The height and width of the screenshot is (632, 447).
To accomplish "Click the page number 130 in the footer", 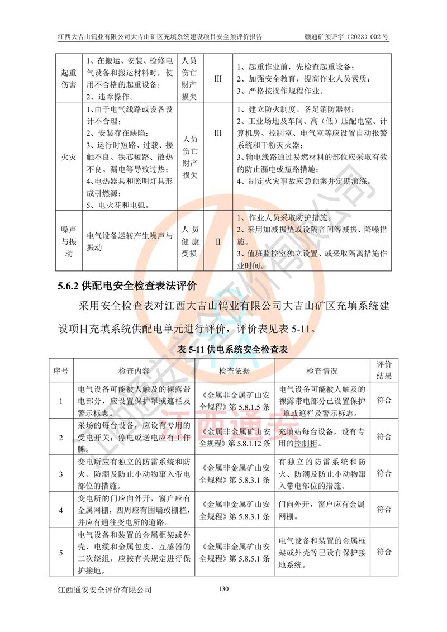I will tap(223, 588).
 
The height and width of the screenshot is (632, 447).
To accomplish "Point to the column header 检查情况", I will tap(322, 371).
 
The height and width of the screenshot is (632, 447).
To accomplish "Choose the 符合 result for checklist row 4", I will tap(384, 510).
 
